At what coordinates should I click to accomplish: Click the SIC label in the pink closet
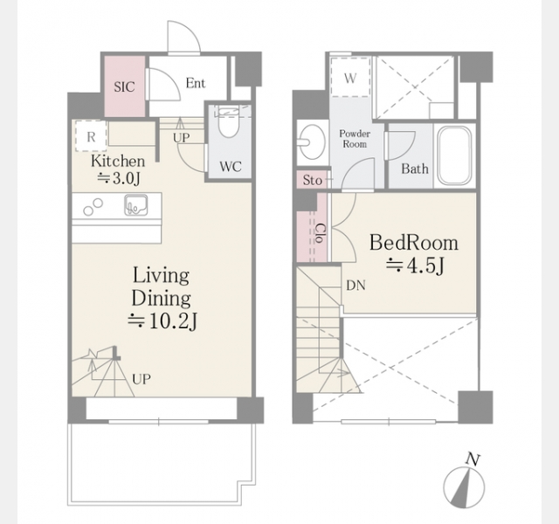[124, 86]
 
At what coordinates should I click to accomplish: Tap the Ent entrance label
[196, 83]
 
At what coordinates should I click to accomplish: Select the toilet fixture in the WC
[228, 122]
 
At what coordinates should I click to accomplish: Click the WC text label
[231, 167]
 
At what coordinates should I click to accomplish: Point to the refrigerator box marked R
[91, 136]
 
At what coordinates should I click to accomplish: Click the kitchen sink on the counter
[136, 205]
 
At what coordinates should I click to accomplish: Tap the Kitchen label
[118, 161]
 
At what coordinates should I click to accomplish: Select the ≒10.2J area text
[163, 321]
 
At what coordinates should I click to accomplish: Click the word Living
[161, 276]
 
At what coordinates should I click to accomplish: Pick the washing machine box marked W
[350, 77]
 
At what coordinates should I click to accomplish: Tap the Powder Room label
[355, 139]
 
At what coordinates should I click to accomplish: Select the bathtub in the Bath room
[454, 155]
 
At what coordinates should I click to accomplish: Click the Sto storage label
[313, 181]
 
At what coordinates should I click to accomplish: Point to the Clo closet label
[321, 233]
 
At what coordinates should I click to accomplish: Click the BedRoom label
[414, 243]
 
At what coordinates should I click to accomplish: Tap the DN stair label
[355, 286]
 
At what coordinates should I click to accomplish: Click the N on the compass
[473, 459]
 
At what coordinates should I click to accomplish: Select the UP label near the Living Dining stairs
[141, 379]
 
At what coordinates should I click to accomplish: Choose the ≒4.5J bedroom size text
[416, 265]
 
